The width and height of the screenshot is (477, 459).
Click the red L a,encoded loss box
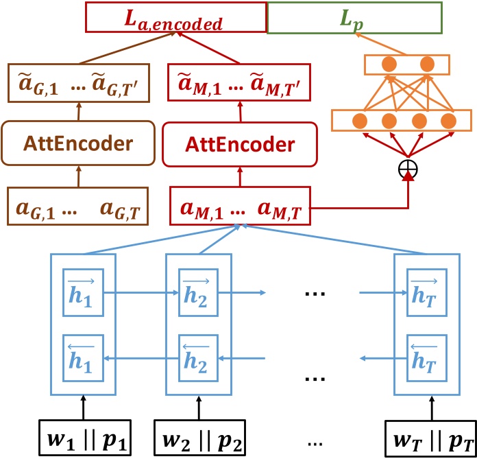coord(175,19)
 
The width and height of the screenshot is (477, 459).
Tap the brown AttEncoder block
coord(76,143)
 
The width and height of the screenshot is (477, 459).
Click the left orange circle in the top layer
coord(389,65)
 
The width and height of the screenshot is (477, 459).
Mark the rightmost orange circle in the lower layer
coord(448,121)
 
